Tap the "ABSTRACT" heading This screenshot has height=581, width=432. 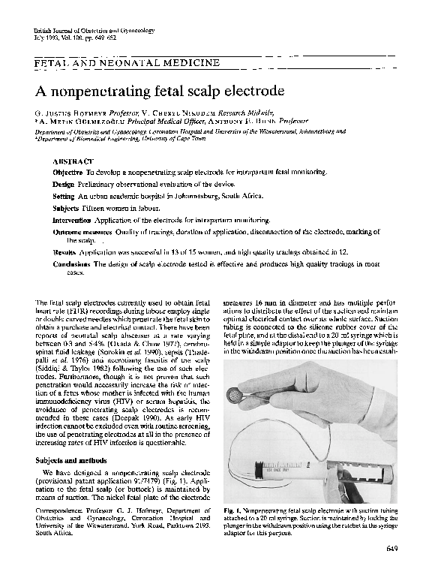pyautogui.click(x=73, y=161)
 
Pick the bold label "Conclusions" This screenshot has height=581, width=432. pyautogui.click(x=72, y=264)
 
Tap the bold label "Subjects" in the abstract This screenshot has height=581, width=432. pyautogui.click(x=66, y=207)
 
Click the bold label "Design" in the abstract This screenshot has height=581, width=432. pyautogui.click(x=64, y=184)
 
